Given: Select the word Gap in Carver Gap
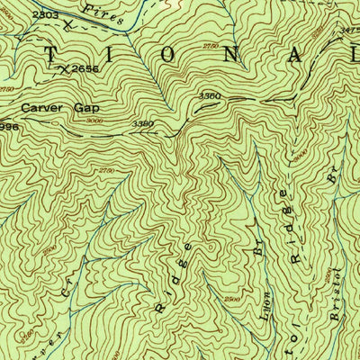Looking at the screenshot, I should tap(85, 105).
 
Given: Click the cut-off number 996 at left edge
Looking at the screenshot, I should tap(9, 126).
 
